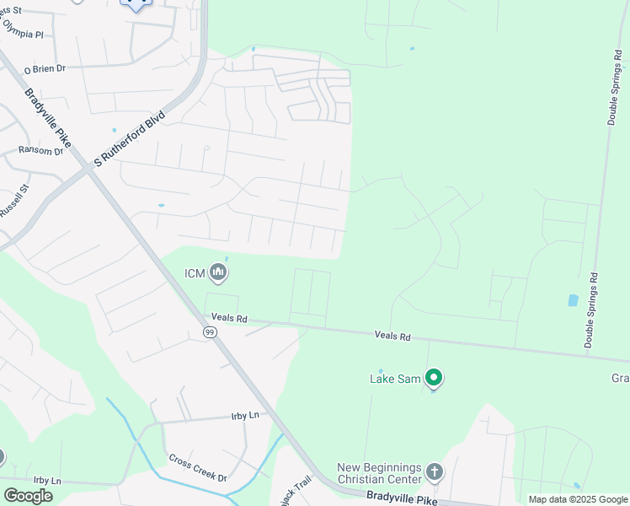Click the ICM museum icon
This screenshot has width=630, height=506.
pyautogui.click(x=219, y=272)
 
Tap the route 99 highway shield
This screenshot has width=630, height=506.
pyautogui.click(x=209, y=333)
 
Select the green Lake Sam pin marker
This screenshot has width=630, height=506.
pyautogui.click(x=434, y=378)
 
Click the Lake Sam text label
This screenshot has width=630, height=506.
pyautogui.click(x=394, y=379)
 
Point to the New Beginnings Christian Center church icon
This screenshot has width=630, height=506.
pyautogui.click(x=434, y=471)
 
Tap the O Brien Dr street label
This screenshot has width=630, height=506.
pyautogui.click(x=45, y=68)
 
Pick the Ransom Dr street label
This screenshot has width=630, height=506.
pyautogui.click(x=40, y=151)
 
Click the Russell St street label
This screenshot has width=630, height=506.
pyautogui.click(x=15, y=199)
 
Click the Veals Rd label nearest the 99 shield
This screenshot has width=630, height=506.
pyautogui.click(x=229, y=319)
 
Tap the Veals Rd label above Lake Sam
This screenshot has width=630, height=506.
pyautogui.click(x=392, y=336)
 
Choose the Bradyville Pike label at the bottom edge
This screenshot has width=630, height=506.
pyautogui.click(x=402, y=499)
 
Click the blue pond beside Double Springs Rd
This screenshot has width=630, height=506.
pyautogui.click(x=573, y=299)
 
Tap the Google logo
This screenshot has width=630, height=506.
pyautogui.click(x=28, y=495)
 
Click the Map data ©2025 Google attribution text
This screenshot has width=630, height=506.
pyautogui.click(x=577, y=499)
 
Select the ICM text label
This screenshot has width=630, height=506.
pyautogui.click(x=195, y=272)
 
